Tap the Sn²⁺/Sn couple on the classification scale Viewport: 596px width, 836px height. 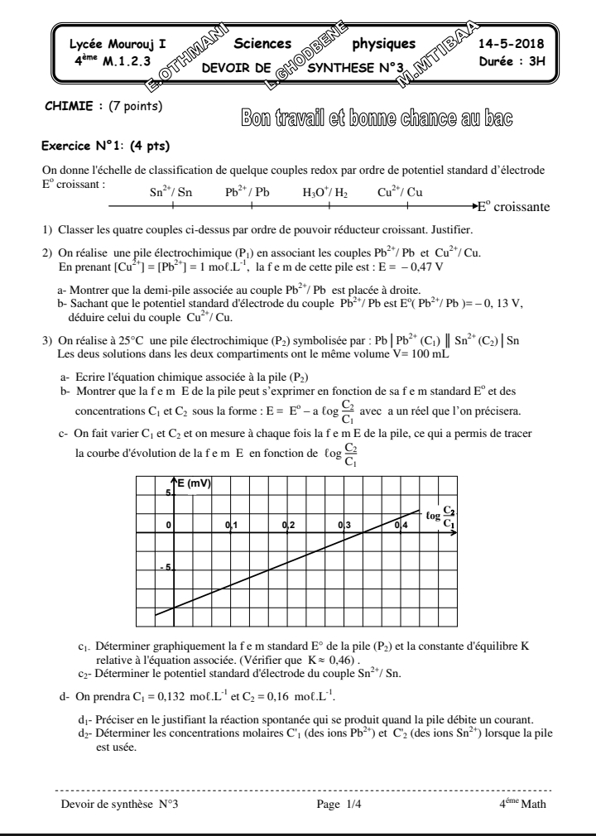coord(171,192)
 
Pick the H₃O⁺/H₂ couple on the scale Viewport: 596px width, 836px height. coord(324,192)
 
